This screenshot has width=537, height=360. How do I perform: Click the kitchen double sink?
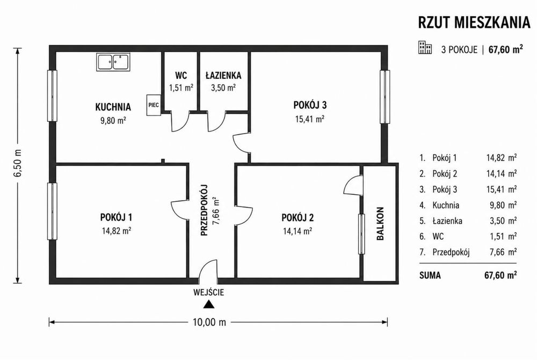pyautogui.click(x=113, y=62)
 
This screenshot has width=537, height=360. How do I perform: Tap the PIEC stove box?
pyautogui.click(x=154, y=105)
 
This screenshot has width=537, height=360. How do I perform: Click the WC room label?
pyautogui.click(x=181, y=75)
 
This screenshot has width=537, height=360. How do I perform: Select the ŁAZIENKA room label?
pyautogui.click(x=223, y=75)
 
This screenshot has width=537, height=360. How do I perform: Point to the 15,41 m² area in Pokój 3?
pyautogui.click(x=310, y=119)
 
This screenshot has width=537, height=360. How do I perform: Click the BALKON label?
pyautogui.click(x=380, y=224)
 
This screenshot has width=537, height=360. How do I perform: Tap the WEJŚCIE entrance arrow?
pyautogui.click(x=208, y=305)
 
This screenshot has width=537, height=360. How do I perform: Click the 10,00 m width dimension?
pyautogui.click(x=209, y=322)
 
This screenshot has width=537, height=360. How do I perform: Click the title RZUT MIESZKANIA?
pyautogui.click(x=474, y=23)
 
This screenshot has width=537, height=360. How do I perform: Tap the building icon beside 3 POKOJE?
pyautogui.click(x=425, y=48)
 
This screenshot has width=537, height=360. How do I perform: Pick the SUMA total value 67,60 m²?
pyautogui.click(x=500, y=275)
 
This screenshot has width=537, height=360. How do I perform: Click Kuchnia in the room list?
pyautogui.click(x=446, y=205)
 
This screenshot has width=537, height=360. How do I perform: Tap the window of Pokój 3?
pyautogui.click(x=385, y=97)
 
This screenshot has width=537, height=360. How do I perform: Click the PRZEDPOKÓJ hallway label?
pyautogui.click(x=204, y=210)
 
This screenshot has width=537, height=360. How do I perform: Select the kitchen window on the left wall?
pyautogui.click(x=52, y=95)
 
